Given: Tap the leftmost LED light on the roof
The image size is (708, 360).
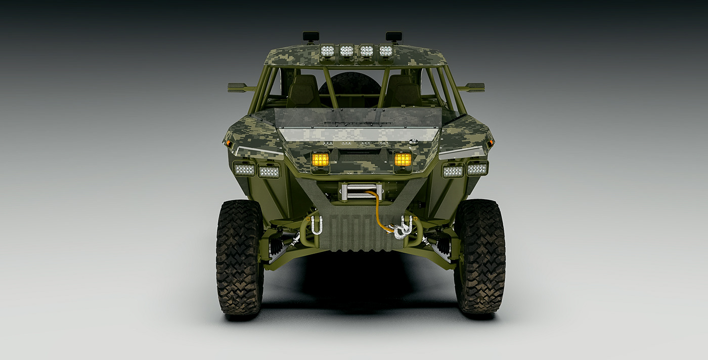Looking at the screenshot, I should (327, 51).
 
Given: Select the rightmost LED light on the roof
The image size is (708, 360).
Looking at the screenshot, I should (386, 51).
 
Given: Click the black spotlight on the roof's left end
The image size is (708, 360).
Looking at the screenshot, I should (311, 36).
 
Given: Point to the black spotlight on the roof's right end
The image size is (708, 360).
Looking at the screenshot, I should (394, 36).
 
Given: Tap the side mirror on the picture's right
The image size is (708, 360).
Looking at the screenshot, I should (475, 87).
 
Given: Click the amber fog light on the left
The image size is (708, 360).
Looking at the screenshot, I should (320, 159).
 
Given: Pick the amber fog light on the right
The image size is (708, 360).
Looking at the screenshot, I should (403, 159).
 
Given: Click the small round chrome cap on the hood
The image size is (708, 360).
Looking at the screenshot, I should (414, 143).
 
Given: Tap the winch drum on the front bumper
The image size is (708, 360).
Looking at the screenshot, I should (360, 191).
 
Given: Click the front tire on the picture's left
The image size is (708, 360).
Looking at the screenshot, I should (240, 258).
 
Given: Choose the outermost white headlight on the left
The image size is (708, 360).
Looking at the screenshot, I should (244, 170).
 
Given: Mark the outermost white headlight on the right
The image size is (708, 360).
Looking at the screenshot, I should (477, 168).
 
